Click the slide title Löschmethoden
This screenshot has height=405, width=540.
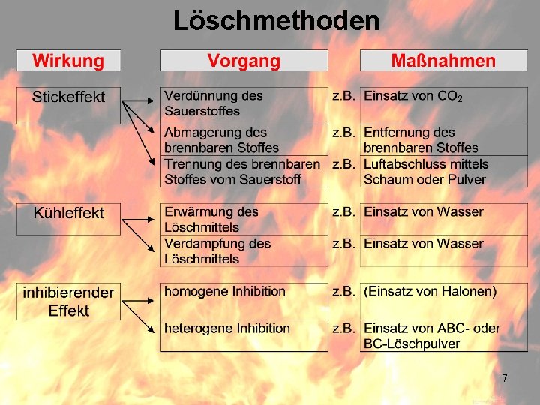[276, 20]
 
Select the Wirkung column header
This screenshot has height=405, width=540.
[67, 61]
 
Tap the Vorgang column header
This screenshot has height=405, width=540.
[244, 61]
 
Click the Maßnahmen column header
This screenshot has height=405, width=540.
[442, 61]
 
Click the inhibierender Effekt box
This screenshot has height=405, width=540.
[68, 301]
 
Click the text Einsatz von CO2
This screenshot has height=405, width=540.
[412, 96]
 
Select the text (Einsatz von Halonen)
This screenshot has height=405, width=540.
[429, 291]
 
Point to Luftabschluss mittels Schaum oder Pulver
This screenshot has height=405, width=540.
[425, 172]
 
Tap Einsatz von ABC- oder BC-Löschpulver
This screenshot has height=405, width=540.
[431, 335]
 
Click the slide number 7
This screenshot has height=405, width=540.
[505, 378]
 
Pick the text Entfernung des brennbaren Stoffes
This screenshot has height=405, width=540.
[421, 140]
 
